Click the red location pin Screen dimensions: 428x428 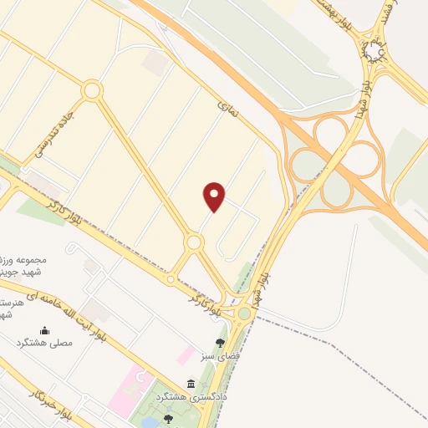click(215, 196)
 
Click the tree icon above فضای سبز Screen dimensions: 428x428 click(220, 343)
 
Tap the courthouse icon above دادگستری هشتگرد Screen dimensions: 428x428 click(191, 384)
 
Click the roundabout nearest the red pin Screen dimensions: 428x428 click(194, 242)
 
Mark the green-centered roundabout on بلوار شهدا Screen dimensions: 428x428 click(243, 313)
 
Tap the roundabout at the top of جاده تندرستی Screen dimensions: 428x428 click(91, 89)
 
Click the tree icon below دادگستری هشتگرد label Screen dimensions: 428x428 click(169, 418)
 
